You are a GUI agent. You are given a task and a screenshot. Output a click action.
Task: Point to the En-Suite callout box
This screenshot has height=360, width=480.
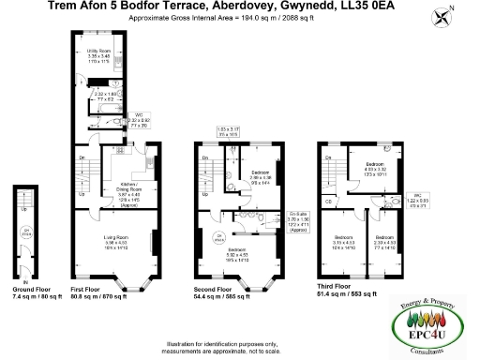[x=272, y=221]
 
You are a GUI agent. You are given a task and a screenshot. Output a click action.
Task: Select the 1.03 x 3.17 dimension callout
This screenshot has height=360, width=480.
[x=228, y=130]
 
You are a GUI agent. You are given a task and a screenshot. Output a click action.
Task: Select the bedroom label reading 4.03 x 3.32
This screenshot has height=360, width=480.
[x=377, y=170]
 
